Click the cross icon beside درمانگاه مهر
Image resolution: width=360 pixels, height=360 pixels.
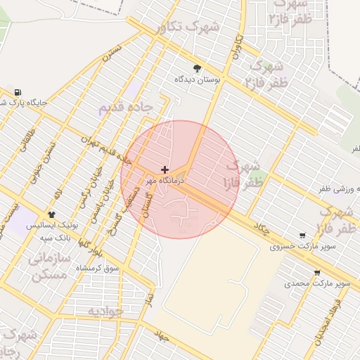(165, 169)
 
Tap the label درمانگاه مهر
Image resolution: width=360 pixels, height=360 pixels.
(164, 181)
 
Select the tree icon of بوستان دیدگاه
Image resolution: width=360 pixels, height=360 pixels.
(197, 69)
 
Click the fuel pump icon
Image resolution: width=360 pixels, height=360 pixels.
(18, 92)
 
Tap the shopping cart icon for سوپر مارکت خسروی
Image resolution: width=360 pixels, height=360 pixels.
(302, 236)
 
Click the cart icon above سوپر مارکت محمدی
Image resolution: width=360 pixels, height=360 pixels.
(317, 273)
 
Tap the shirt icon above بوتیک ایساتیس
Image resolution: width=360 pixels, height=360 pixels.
(51, 214)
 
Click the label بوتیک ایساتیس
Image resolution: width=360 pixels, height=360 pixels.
(51, 226)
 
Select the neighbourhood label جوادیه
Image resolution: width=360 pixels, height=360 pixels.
(105, 310)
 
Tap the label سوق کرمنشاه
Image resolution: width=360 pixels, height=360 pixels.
(101, 269)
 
